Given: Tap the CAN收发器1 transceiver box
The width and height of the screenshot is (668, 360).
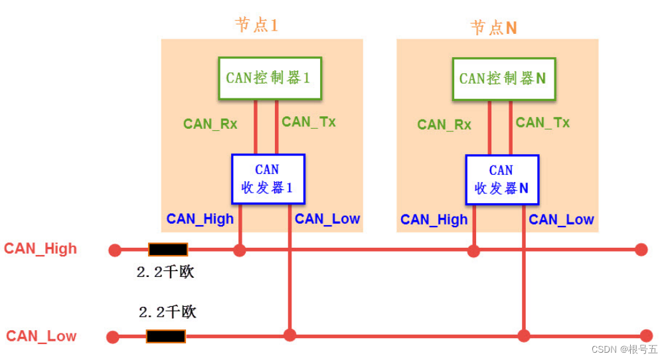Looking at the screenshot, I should [268, 179].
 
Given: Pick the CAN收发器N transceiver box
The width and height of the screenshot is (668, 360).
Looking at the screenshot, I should [501, 179].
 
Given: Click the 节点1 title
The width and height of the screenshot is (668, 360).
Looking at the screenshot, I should [256, 25].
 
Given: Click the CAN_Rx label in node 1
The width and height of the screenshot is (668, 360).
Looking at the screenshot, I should [210, 124].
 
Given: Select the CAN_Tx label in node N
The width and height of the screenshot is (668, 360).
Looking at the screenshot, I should [543, 123].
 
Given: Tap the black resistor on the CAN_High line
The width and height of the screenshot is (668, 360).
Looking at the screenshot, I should [168, 250].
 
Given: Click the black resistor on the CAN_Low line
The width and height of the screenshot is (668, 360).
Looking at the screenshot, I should [166, 336].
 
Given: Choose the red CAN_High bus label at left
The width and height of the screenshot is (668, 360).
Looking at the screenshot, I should [41, 249].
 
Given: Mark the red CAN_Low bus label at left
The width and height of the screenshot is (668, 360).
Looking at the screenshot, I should [41, 336].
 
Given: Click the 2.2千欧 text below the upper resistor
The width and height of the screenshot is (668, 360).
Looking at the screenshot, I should [165, 272].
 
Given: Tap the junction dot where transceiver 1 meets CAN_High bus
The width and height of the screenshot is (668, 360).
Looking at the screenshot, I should [240, 250].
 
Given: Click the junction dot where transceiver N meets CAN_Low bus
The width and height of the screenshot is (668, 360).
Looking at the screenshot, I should [524, 336].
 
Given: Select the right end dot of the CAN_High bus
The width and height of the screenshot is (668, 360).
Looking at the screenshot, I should [641, 250].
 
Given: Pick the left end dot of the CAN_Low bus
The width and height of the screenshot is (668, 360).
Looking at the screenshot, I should [113, 337].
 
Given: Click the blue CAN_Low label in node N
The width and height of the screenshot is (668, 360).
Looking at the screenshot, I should [561, 220].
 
